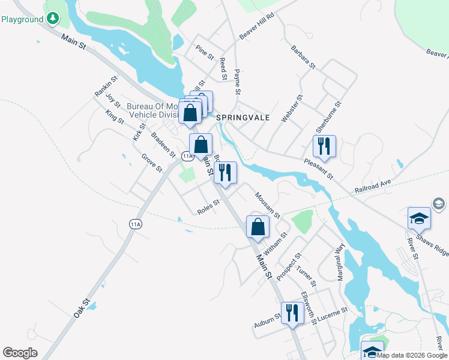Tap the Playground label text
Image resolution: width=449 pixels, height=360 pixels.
click(x=22, y=19)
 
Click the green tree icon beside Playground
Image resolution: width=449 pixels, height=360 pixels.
click(x=53, y=19)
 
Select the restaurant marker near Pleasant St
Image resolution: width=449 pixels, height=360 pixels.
click(x=324, y=146)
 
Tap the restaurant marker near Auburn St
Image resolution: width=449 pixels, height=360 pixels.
click(x=292, y=313)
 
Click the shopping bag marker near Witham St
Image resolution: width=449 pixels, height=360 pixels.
click(x=258, y=227)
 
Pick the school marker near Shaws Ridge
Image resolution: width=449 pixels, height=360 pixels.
click(x=419, y=218)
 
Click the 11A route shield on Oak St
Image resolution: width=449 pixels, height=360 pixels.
click(x=135, y=224)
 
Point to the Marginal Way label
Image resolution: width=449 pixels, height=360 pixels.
click(x=340, y=257)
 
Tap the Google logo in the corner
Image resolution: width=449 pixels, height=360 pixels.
click(x=20, y=352)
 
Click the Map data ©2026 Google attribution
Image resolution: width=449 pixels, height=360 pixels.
click(x=412, y=355)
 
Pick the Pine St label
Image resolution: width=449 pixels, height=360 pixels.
click(x=205, y=52)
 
